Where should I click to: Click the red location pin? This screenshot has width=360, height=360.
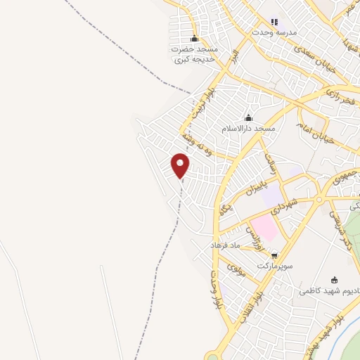pyautogui.click(x=181, y=165)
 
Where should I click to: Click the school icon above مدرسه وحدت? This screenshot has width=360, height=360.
pyautogui.click(x=275, y=22)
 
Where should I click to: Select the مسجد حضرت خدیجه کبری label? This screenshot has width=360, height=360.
pyautogui.click(x=195, y=54)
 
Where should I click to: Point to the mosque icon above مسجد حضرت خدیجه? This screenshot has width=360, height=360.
pyautogui.click(x=195, y=38)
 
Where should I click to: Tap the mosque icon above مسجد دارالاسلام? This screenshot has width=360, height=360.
pyautogui.click(x=247, y=117)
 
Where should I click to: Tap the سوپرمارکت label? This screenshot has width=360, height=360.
pyautogui.click(x=274, y=267)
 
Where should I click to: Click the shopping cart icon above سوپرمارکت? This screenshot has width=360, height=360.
pyautogui.click(x=274, y=255)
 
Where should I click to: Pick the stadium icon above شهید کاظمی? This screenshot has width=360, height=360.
pyautogui.click(x=334, y=279)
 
